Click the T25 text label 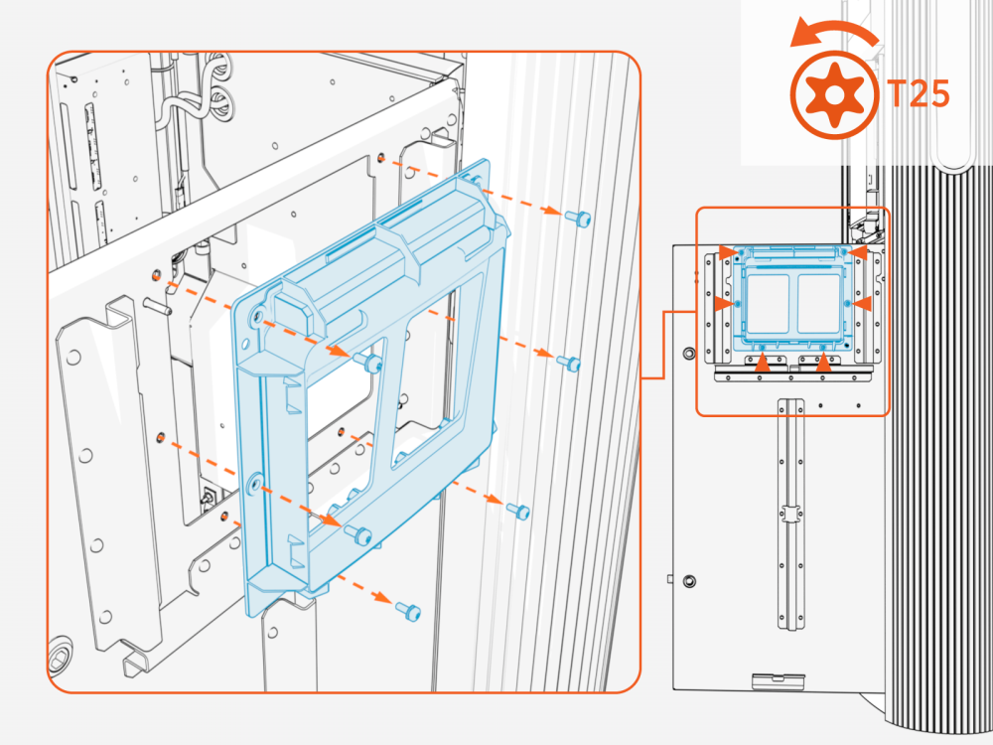click(x=919, y=94)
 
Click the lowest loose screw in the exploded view click(x=406, y=610)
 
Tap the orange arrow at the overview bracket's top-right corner click(x=861, y=254)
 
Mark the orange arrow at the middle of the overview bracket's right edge click(x=863, y=301)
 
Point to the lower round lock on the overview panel click(x=690, y=580)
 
